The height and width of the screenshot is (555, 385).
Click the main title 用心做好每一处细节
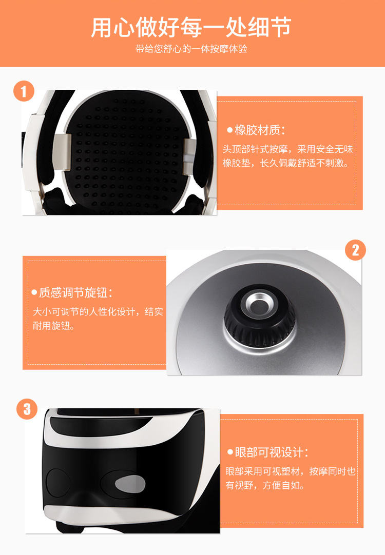(x=191, y=27)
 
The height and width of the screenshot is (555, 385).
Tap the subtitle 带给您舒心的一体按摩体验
(x=191, y=49)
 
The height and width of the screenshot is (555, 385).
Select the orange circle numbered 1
(x=24, y=91)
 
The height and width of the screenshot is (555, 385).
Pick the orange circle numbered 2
(x=355, y=250)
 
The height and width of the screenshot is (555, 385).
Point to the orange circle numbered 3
(x=27, y=409)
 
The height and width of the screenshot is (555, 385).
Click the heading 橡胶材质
(x=260, y=130)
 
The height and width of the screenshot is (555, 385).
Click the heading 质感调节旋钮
(x=76, y=292)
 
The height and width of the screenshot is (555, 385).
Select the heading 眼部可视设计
(x=272, y=452)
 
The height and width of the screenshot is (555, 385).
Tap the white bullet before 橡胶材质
(x=230, y=130)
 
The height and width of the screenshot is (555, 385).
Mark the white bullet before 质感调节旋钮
(x=34, y=292)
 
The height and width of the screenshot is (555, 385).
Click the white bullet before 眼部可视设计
(x=230, y=452)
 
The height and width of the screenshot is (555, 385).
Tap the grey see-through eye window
(x=130, y=484)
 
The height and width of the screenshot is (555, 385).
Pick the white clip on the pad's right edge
(x=189, y=156)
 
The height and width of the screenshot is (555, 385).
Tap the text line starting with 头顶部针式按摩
(x=287, y=149)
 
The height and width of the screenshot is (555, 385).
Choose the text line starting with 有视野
(x=265, y=485)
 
